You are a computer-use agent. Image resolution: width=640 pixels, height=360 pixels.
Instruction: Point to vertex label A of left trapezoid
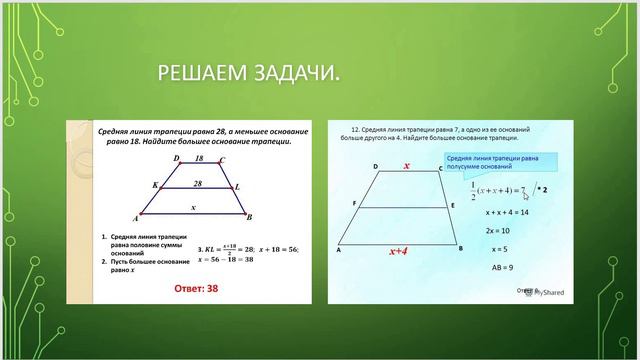click(x=135, y=218)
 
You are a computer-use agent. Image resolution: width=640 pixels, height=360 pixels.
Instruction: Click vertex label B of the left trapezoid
click(x=249, y=217)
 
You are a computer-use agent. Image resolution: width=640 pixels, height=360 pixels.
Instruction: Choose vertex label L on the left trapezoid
click(x=237, y=187)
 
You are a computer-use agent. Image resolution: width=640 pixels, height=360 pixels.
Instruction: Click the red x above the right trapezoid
click(x=407, y=168)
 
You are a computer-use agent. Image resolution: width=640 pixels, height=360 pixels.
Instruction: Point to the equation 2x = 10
click(x=498, y=231)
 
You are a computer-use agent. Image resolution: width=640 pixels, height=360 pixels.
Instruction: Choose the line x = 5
click(x=496, y=249)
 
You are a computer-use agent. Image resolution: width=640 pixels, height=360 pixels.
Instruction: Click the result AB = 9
click(x=499, y=267)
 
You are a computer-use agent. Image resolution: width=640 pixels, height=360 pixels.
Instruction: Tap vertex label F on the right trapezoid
click(x=354, y=204)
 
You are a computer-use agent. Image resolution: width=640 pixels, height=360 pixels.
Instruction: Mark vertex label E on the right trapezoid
click(x=452, y=204)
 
